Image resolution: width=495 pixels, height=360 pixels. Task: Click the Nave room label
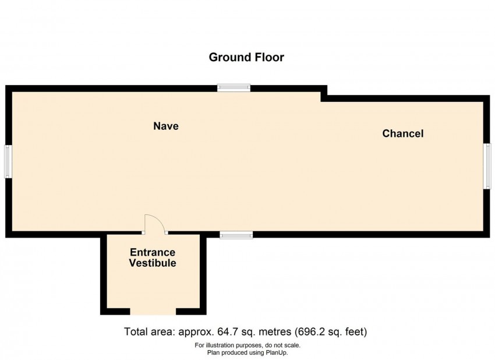[166, 126]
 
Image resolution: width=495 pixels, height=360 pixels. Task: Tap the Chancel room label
[403, 133]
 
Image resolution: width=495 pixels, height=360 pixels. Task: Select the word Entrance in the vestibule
[153, 252]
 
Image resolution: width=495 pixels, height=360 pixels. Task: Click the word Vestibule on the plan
[153, 263]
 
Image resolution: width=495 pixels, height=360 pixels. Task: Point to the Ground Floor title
[246, 57]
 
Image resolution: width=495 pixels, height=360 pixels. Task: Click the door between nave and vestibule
[155, 224]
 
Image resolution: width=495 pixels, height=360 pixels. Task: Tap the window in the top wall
[234, 88]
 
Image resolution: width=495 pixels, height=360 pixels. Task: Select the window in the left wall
[8, 161]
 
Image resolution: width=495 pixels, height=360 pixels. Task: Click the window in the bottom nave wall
[236, 235]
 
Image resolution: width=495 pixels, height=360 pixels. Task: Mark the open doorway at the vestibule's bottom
[153, 312]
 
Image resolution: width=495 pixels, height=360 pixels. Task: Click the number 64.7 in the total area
[228, 331]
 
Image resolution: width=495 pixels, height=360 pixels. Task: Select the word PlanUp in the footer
[275, 352]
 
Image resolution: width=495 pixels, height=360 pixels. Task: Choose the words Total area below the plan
[150, 331]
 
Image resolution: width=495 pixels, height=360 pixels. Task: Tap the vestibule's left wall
[104, 275]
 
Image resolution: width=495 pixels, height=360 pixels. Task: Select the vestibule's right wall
[203, 275]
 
